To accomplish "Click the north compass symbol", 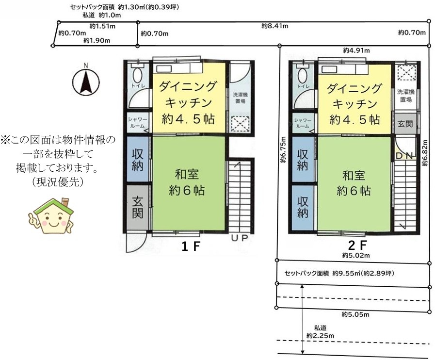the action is (x=86, y=81).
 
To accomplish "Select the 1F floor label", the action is (x=191, y=246).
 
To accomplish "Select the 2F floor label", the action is (x=357, y=245).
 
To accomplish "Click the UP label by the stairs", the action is (x=240, y=238).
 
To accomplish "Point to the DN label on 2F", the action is (x=405, y=156).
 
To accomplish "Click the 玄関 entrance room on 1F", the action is (x=137, y=207).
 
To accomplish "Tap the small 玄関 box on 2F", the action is (x=405, y=124).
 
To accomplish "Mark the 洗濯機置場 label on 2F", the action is (x=405, y=96).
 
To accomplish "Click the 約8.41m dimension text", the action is (x=275, y=26).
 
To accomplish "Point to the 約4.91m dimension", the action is (x=356, y=50).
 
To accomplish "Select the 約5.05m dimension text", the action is (x=355, y=314).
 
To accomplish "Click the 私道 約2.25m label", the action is (x=320, y=332).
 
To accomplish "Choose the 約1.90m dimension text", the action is (x=97, y=41).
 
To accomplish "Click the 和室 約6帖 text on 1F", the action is (x=187, y=182).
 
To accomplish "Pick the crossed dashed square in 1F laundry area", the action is (x=240, y=124).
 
